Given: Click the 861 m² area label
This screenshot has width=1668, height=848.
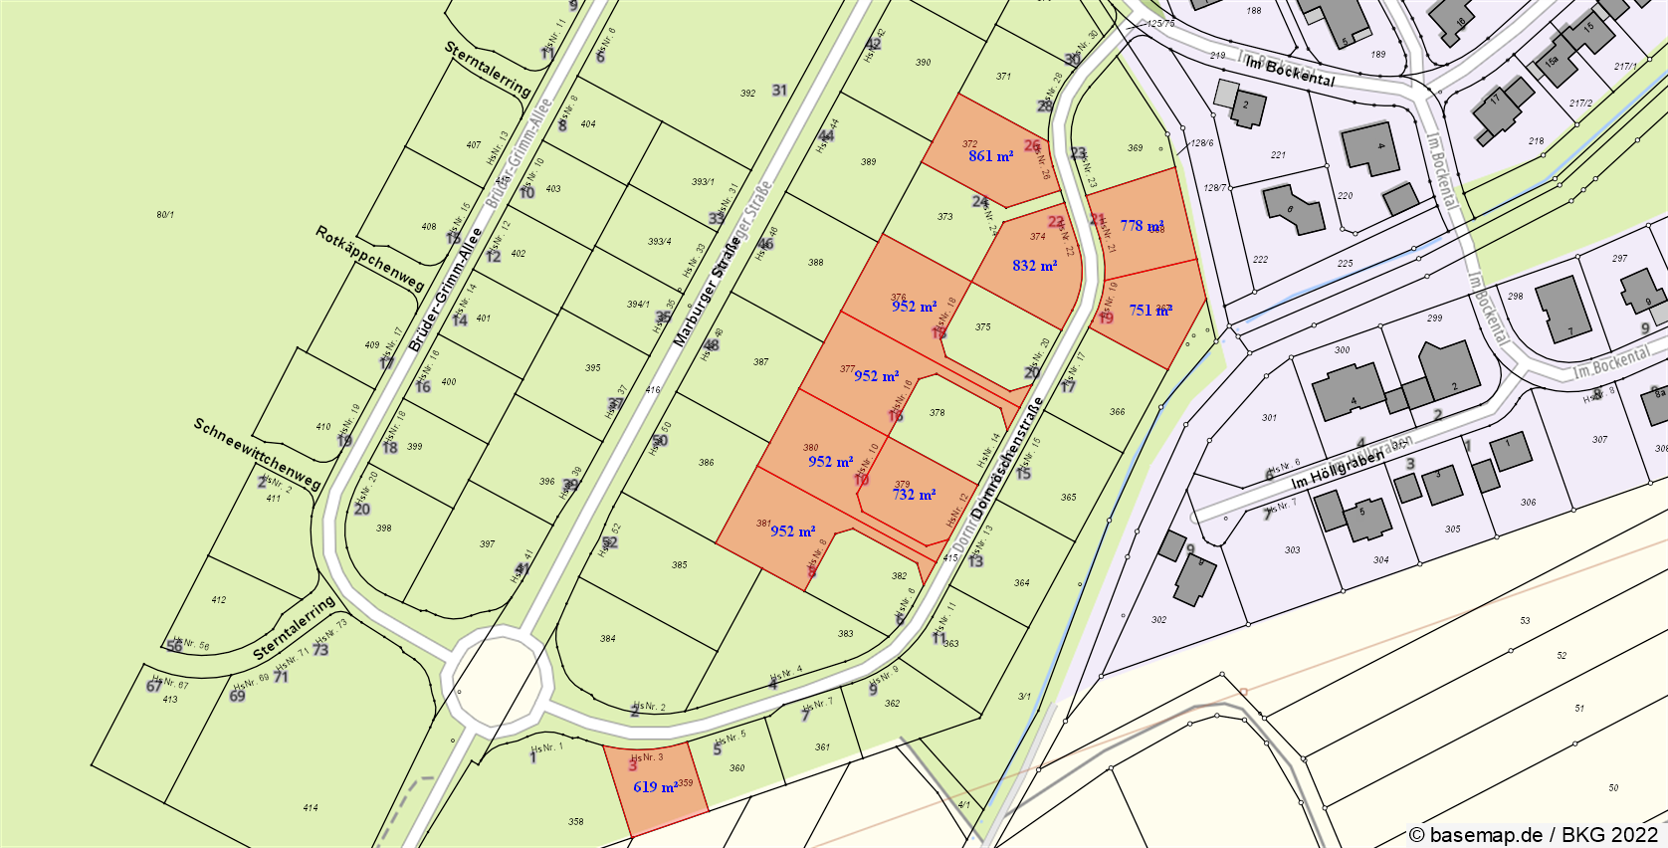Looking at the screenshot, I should click(x=990, y=156).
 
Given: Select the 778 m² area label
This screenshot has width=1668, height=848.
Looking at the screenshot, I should click(x=1141, y=226).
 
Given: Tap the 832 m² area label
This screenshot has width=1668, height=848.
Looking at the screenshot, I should click(x=1034, y=266).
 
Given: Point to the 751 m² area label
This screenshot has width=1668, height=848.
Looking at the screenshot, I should click(x=1149, y=311).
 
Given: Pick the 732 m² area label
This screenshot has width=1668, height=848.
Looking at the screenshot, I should click(x=914, y=495).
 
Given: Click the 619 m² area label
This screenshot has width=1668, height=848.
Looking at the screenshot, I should click(x=655, y=787).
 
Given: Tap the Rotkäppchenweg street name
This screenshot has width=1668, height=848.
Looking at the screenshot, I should click(x=370, y=259).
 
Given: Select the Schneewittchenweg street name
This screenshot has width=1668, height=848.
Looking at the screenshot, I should click(x=258, y=454).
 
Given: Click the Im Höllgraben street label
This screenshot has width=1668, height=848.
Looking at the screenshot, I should click(x=1337, y=471).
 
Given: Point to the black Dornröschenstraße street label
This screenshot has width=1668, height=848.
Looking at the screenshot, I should click(x=1008, y=458).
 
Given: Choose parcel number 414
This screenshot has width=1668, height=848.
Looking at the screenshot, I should click(x=311, y=808).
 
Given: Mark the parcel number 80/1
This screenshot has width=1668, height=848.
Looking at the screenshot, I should click(x=165, y=215).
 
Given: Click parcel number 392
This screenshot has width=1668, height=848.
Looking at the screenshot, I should click(x=747, y=94).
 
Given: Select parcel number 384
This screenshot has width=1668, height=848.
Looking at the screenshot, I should click(x=608, y=639).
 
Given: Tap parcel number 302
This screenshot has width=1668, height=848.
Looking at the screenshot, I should click(x=1158, y=620).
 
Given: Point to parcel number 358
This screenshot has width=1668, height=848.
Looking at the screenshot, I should click(x=576, y=822).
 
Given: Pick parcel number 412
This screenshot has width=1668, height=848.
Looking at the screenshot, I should click(x=219, y=600).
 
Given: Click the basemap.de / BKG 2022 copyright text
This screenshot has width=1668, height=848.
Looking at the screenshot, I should click(x=1534, y=834).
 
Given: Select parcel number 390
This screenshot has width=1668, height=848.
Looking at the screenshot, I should click(x=924, y=63).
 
